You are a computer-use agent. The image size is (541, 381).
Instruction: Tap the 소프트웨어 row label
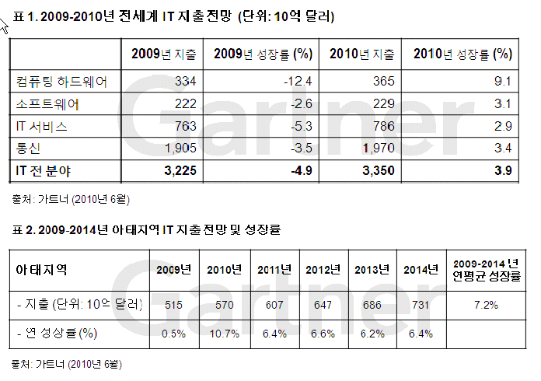click(47, 103)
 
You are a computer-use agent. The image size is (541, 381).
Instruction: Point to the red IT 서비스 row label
click(44, 126)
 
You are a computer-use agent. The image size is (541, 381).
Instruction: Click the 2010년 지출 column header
click(362, 54)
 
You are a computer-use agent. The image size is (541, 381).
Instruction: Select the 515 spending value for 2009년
click(173, 304)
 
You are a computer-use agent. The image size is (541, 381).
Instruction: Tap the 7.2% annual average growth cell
click(485, 304)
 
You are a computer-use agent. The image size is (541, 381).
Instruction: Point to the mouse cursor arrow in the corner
click(5, 26)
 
